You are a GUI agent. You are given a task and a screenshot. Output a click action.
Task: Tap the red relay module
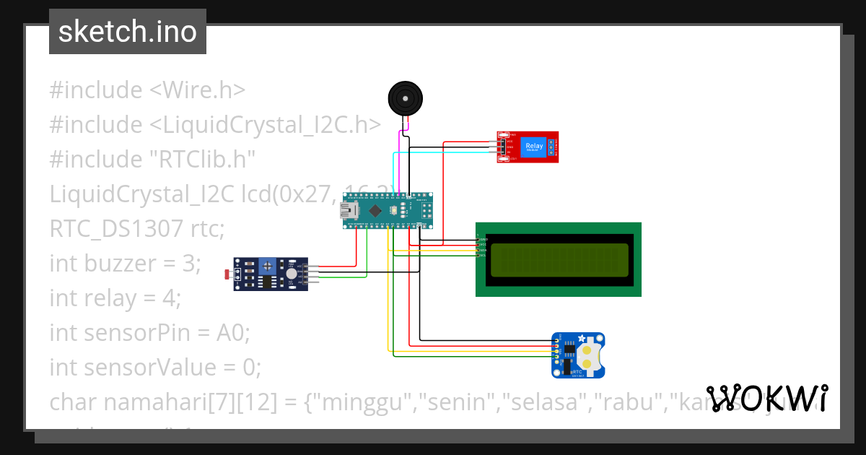click(528, 147)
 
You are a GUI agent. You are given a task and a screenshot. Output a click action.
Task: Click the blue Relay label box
click(534, 147)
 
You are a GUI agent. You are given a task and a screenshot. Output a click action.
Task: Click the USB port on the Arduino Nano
click(349, 211)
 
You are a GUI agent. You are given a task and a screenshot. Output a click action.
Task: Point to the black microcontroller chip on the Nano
click(375, 211)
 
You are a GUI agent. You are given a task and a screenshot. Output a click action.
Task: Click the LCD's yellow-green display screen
click(558, 260)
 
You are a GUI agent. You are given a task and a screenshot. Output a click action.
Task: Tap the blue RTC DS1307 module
click(578, 355)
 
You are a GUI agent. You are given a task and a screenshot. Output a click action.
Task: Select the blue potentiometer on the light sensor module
click(268, 266)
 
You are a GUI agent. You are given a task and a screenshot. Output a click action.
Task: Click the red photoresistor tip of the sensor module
click(229, 274)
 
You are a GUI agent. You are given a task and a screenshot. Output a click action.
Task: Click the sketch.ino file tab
click(128, 32)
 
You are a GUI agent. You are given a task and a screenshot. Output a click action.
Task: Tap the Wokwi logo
click(767, 398)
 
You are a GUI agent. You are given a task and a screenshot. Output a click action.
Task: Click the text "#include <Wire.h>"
click(147, 90)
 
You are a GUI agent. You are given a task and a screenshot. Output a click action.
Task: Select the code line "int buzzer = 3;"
click(123, 264)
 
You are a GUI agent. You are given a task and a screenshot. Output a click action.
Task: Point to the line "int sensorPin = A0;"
click(149, 333)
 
